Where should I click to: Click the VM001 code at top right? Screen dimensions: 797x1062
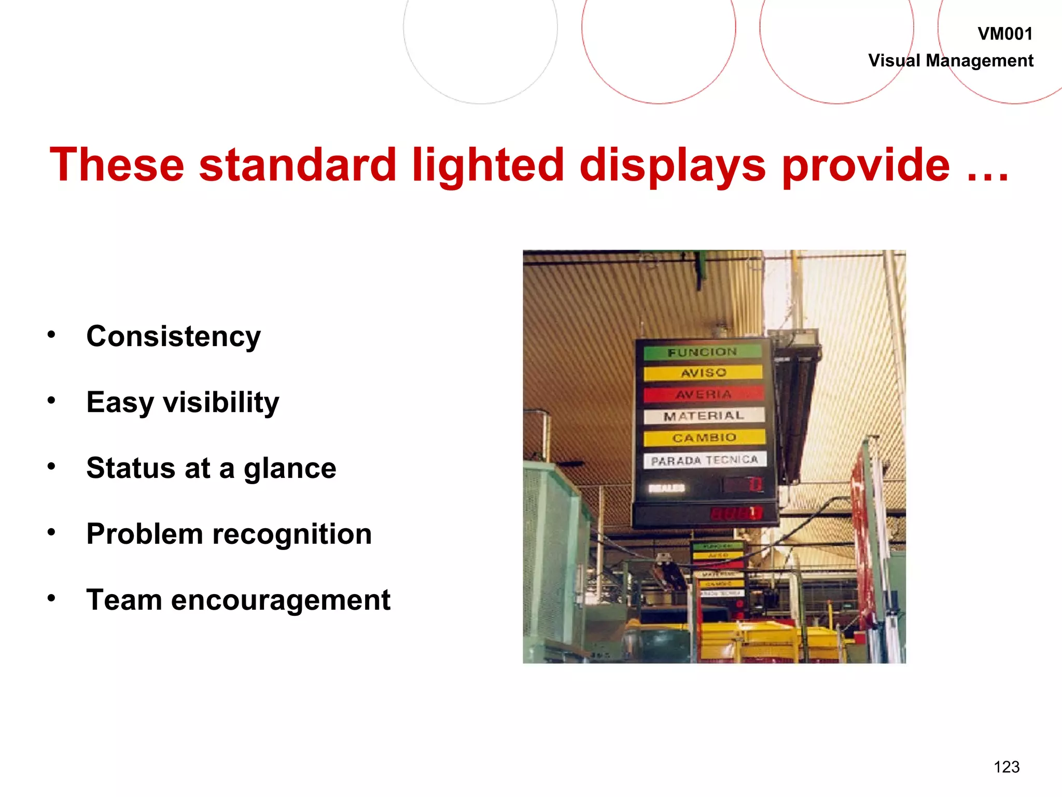tap(1004, 34)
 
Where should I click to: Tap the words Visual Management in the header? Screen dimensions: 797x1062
tap(951, 61)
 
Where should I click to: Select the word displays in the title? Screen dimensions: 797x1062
tap(672, 165)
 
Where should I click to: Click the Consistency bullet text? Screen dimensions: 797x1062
tap(173, 337)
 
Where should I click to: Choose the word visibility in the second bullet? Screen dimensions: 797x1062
tap(221, 403)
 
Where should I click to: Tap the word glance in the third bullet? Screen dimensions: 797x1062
tap(290, 469)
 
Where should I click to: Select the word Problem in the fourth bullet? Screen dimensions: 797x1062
tap(145, 534)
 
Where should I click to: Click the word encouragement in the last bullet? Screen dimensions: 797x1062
tap(281, 600)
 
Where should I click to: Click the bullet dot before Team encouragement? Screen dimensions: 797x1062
tap(51, 598)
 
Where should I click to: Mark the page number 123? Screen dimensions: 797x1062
tap(1006, 767)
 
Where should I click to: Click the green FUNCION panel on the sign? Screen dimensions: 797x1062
tap(702, 352)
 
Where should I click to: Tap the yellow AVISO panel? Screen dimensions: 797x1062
tap(703, 373)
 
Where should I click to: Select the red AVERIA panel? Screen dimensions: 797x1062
tap(703, 394)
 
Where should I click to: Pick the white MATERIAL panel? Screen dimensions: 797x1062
tap(704, 416)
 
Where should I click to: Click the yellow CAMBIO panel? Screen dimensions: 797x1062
tap(704, 437)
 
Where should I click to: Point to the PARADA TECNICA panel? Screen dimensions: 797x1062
tap(704, 460)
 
